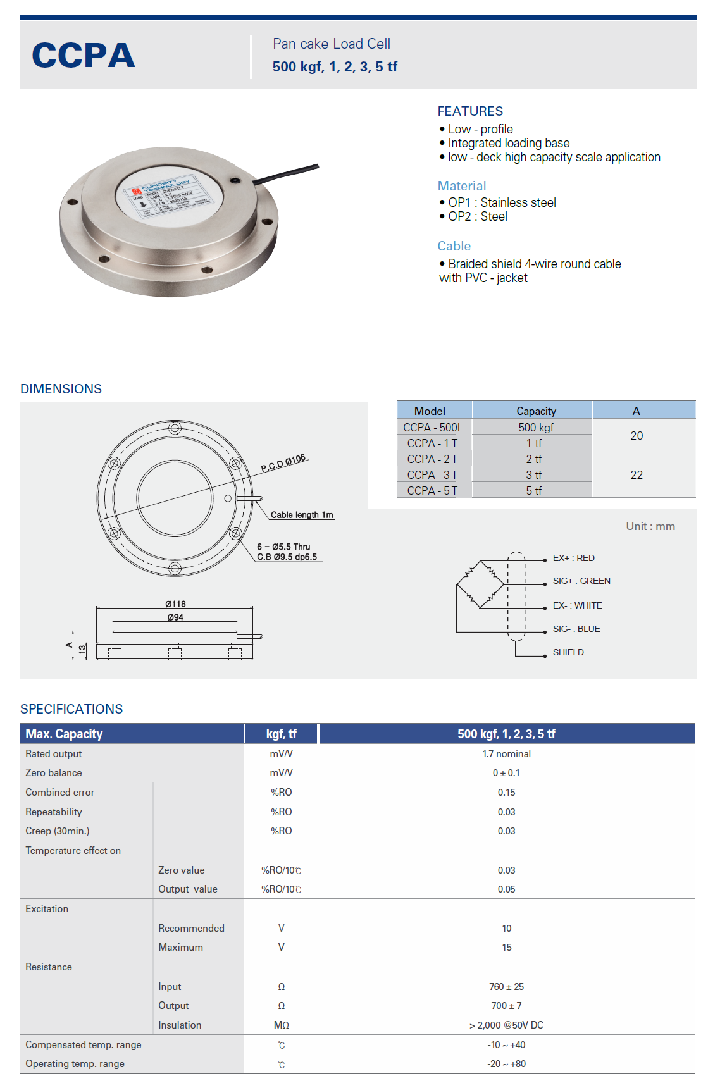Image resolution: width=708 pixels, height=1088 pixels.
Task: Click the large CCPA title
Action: pos(84,56)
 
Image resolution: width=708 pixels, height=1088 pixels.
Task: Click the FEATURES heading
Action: pos(470,111)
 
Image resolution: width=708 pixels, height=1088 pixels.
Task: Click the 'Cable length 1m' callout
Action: pos(302,515)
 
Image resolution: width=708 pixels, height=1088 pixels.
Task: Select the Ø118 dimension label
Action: pos(175,604)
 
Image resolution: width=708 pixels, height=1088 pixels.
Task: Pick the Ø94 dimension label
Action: pos(175,617)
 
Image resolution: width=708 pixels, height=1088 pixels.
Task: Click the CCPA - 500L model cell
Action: pos(433,428)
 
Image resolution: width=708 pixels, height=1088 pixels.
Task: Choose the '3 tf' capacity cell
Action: pos(534,475)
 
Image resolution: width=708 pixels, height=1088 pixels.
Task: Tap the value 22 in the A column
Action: pos(637,475)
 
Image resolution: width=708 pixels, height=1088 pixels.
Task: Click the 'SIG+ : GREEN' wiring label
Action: pos(581,581)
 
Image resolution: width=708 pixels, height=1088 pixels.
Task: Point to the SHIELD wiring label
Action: pos(568,652)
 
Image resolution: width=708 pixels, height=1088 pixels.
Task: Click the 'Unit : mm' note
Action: pos(650,526)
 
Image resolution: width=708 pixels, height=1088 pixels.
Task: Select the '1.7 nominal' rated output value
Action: pos(506,754)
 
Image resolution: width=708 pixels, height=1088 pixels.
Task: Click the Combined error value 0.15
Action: pos(506,793)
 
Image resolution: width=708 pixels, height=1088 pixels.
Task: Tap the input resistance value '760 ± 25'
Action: pos(506,987)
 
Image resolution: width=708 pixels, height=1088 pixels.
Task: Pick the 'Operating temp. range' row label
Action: pos(75,1064)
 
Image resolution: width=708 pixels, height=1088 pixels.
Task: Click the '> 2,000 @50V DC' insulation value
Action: pos(506,1025)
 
